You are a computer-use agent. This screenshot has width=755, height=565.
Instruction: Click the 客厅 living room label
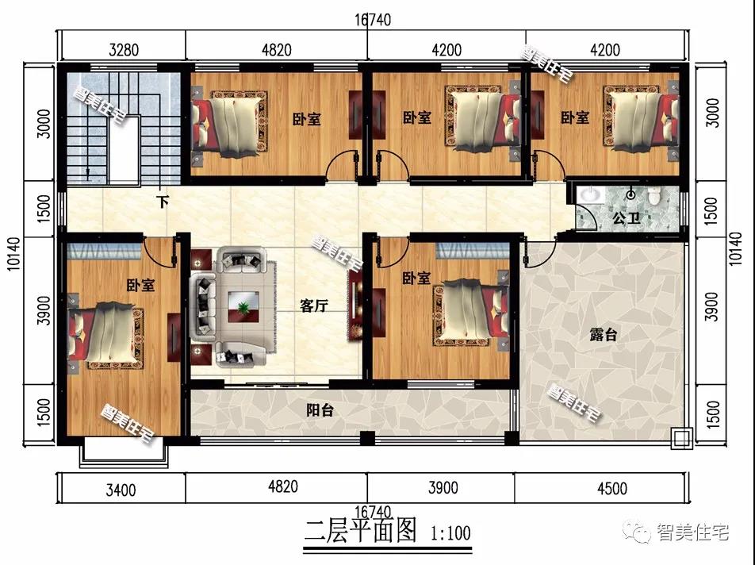pos(314,306)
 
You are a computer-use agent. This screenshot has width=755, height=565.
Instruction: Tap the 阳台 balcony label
pos(320,410)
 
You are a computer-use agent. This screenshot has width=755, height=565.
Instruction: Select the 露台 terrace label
pos(604,334)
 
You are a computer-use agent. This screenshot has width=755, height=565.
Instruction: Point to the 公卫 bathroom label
pos(627,218)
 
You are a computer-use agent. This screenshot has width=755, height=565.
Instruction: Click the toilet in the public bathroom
pos(653,196)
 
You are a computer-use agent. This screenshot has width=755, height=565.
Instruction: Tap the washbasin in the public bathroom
pos(590,195)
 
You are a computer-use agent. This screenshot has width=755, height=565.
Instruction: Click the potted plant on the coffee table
pos(244,306)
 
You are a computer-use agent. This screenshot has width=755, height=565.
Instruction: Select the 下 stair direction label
pos(163,202)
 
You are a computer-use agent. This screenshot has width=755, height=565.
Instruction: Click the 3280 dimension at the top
pos(124,50)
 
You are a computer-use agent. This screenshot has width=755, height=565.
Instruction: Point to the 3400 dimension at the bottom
pos(121,490)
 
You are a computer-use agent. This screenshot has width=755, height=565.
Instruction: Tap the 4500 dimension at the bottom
pos(612,489)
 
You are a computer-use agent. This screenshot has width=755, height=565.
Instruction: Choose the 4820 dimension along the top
pos(276,50)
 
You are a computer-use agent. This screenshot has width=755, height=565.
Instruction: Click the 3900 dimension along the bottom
pos(443,487)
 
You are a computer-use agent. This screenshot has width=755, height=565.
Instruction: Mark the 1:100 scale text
pos(450,533)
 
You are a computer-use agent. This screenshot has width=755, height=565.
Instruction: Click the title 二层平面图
pos(360,530)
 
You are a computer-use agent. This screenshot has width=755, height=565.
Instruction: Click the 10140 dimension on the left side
pos(14,253)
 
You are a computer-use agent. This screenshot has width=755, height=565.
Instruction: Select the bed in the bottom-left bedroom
pos(106,335)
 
